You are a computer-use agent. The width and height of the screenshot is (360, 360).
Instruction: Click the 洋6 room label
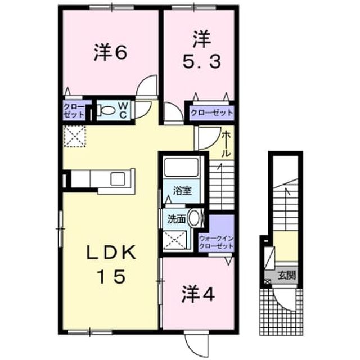point(110,53)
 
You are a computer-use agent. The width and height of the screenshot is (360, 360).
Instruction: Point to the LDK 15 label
point(111,265)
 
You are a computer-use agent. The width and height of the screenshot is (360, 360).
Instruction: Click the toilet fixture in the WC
point(106,110)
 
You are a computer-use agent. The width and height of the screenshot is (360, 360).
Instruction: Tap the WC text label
point(123,110)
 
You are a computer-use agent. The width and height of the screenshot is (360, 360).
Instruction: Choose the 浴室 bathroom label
point(182,191)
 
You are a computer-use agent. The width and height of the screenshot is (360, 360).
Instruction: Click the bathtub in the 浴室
point(181,167)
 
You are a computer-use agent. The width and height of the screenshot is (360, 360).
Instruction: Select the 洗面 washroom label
point(176,219)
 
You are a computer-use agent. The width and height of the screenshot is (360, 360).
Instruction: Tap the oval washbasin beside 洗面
point(195,218)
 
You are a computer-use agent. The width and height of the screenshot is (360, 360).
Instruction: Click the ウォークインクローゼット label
point(217,242)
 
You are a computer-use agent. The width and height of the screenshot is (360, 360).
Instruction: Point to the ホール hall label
point(226,144)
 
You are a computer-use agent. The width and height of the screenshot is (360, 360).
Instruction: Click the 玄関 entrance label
point(287,275)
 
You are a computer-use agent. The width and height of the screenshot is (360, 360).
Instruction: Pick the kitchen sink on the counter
point(118,179)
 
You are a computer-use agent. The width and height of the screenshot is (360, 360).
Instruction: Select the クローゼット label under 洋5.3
point(211,112)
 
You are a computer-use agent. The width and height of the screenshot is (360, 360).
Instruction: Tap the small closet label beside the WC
point(74,111)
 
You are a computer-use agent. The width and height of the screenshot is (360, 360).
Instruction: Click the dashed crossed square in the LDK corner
point(75,136)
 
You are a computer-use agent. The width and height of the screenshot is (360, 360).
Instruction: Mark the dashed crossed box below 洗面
point(175,240)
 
